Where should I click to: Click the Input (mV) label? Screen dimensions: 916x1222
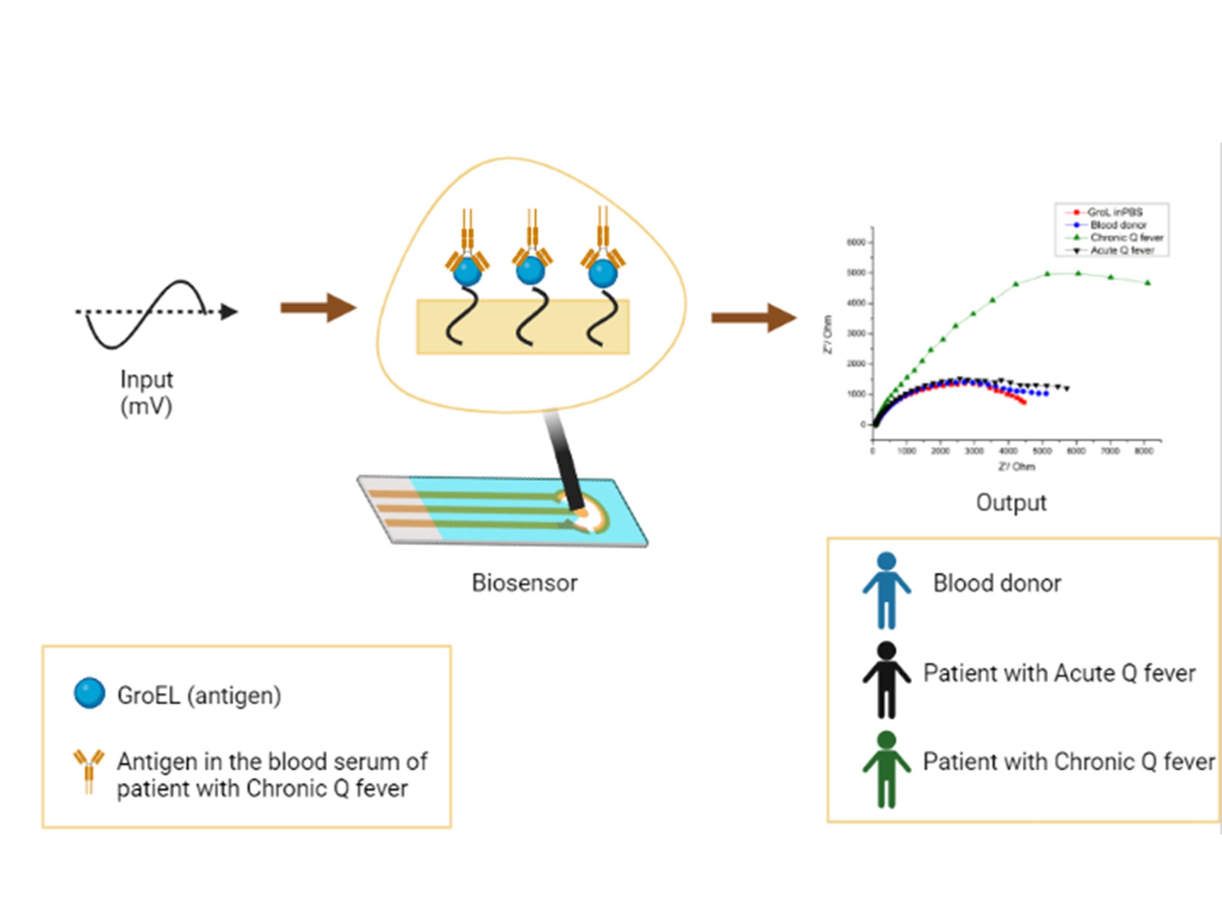pyautogui.click(x=146, y=393)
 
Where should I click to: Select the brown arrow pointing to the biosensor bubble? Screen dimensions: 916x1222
pyautogui.click(x=318, y=308)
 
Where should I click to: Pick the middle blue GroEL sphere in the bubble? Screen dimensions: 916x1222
pyautogui.click(x=530, y=271)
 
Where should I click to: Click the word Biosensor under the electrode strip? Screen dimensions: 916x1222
pyautogui.click(x=524, y=583)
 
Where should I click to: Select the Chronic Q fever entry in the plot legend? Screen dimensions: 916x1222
pyautogui.click(x=1126, y=238)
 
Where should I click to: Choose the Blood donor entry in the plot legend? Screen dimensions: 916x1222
pyautogui.click(x=1118, y=225)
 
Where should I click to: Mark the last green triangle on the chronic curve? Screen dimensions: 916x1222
pyautogui.click(x=1148, y=283)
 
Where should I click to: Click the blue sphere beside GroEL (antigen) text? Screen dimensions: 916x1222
pyautogui.click(x=90, y=693)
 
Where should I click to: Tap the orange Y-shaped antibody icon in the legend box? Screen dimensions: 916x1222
pyautogui.click(x=88, y=770)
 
